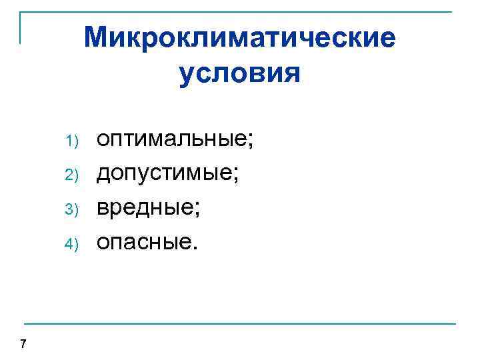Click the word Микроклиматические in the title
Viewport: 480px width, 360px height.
coord(240,38)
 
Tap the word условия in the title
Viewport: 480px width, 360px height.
coord(240,73)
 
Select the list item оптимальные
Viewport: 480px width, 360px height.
coord(174,141)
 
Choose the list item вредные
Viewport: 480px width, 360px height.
coord(147,207)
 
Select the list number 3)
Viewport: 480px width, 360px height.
coord(73,209)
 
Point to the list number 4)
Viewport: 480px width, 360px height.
coord(73,242)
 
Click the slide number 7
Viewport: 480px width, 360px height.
coord(23,344)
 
